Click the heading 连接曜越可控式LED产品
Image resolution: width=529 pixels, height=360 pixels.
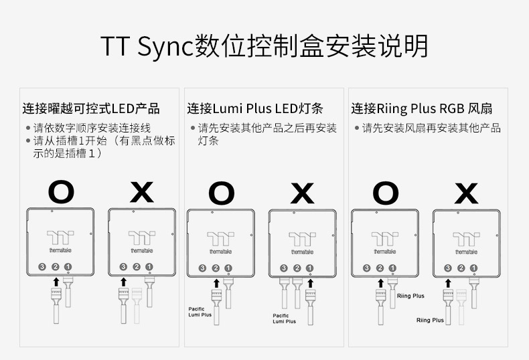point(91,108)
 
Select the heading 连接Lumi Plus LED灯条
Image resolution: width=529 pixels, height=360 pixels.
point(255,108)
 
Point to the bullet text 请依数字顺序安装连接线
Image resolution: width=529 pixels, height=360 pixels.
point(92,127)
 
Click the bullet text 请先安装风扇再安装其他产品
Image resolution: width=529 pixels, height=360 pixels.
point(431,127)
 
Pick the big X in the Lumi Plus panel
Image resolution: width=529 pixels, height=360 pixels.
point(302,193)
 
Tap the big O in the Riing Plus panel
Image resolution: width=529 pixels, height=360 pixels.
point(385,193)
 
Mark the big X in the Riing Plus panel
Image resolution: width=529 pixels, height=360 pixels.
point(465,193)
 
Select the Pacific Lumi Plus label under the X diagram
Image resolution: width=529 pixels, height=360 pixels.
point(285,319)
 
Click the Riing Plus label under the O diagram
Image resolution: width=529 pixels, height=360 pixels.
point(410,295)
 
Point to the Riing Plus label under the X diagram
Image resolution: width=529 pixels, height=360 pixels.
point(430,320)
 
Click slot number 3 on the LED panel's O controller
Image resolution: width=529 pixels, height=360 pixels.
point(42,267)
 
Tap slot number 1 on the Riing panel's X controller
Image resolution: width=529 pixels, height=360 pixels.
point(473,268)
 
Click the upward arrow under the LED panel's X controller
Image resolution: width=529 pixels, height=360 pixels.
point(123,283)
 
